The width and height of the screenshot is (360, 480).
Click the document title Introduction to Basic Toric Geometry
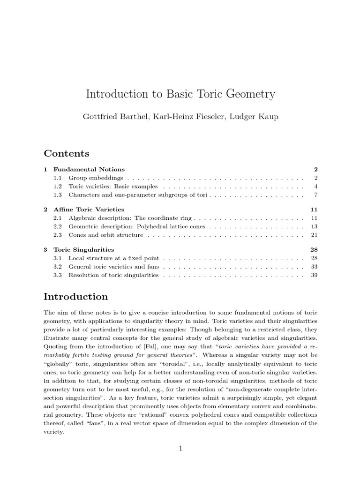point(180,94)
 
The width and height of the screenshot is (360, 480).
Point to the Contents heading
point(67,153)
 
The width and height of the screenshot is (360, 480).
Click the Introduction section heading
point(75,297)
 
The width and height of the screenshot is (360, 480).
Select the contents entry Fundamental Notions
point(89,169)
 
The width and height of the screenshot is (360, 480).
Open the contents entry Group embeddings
point(96,178)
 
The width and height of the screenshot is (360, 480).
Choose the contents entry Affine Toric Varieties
point(89,210)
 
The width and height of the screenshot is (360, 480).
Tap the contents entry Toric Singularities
point(83,250)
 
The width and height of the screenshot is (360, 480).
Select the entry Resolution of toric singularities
point(113,275)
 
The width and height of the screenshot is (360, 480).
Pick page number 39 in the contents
point(314,275)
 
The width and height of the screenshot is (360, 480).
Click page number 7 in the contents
point(316,195)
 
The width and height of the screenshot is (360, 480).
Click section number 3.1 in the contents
point(58,258)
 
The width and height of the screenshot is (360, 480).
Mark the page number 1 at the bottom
point(180,449)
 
